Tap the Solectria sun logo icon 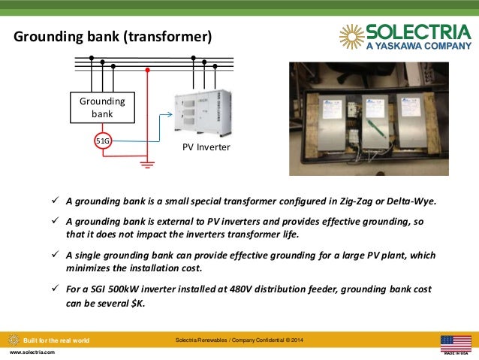click(351, 35)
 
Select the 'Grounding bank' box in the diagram click(102, 107)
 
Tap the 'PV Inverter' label click(206, 147)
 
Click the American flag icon click(455, 343)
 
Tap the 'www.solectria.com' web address click(32, 352)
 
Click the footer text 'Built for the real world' click(56, 340)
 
